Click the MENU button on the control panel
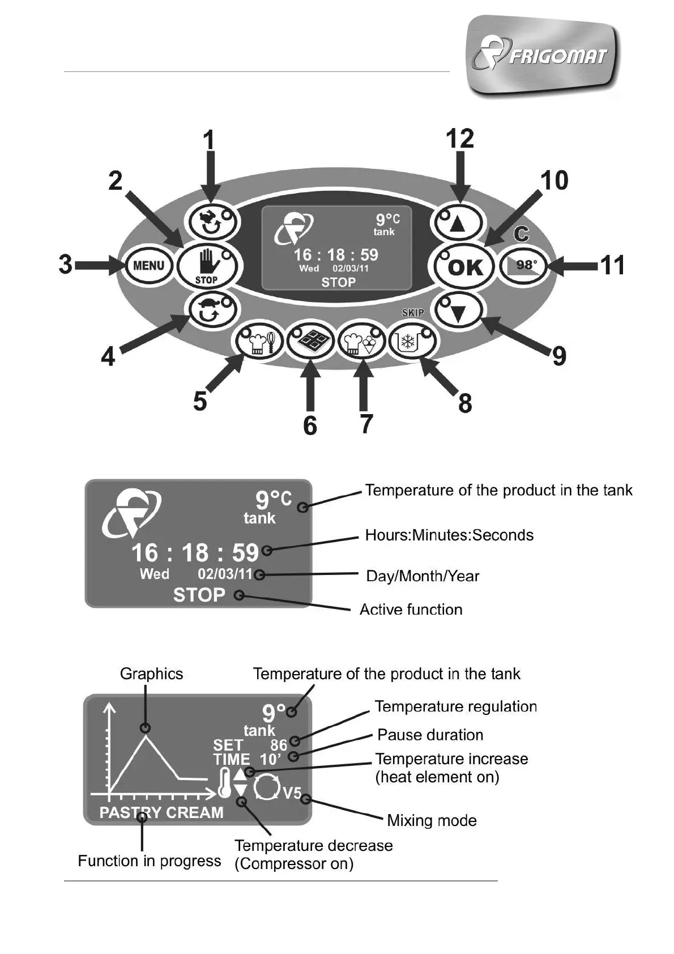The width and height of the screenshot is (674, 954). (x=148, y=265)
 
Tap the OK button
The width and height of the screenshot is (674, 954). (x=465, y=267)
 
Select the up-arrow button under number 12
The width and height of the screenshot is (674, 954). (x=458, y=223)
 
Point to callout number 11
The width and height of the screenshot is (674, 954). (x=612, y=265)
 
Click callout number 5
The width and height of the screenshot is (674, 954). (x=200, y=401)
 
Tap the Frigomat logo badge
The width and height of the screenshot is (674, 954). (x=543, y=56)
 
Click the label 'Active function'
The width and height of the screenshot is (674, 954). (x=411, y=610)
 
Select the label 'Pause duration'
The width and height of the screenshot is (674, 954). (x=430, y=735)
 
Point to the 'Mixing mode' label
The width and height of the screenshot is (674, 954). (x=432, y=820)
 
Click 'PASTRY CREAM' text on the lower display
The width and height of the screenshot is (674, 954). (x=161, y=812)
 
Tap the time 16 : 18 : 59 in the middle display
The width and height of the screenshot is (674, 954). (x=195, y=553)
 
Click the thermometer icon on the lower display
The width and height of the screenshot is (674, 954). (x=224, y=783)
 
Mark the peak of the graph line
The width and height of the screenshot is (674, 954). (x=147, y=735)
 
